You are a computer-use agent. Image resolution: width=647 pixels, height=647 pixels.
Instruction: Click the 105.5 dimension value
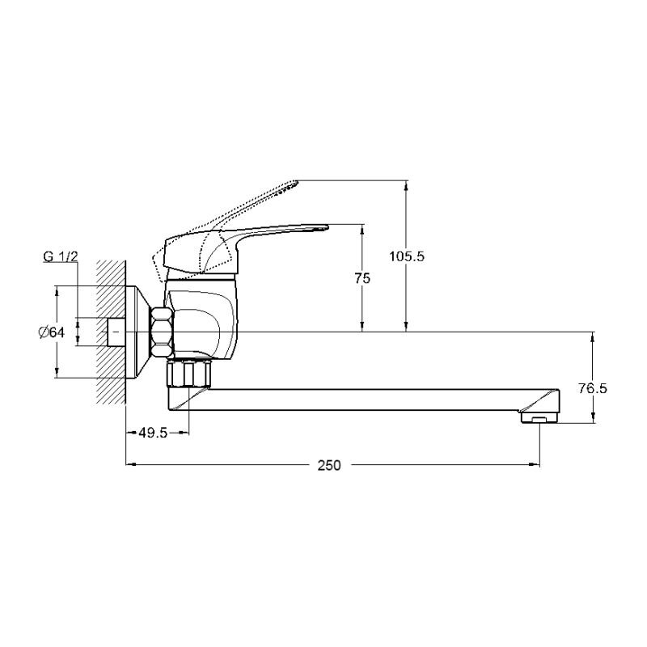(407, 256)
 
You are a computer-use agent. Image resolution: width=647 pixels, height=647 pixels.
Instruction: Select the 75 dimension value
(362, 278)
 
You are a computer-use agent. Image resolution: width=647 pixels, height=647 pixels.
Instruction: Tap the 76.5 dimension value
(593, 388)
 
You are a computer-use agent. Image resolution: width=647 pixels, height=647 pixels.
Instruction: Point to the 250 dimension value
(329, 466)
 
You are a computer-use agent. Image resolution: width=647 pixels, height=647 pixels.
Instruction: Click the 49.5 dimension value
(153, 433)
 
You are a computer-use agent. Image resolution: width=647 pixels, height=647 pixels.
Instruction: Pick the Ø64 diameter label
(52, 332)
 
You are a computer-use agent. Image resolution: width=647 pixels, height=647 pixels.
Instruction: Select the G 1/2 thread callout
(60, 256)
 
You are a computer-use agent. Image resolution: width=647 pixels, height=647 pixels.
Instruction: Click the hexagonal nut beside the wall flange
(162, 332)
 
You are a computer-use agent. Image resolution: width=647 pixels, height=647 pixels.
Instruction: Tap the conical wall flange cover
(138, 332)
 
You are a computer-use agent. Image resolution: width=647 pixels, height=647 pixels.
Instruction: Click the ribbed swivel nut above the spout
(188, 374)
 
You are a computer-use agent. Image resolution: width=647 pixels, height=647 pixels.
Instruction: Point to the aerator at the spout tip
(539, 418)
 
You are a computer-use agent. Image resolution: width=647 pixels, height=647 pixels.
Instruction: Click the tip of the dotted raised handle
(297, 181)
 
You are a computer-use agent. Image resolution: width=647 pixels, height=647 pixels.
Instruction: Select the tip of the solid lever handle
(328, 226)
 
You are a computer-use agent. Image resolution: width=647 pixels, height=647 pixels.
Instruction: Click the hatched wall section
(111, 332)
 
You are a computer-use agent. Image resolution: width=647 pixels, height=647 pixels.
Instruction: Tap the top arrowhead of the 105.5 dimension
(407, 185)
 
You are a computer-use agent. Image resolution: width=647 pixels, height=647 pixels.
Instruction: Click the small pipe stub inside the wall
(116, 332)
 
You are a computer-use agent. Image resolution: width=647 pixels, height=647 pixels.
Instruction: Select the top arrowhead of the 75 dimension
(362, 229)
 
